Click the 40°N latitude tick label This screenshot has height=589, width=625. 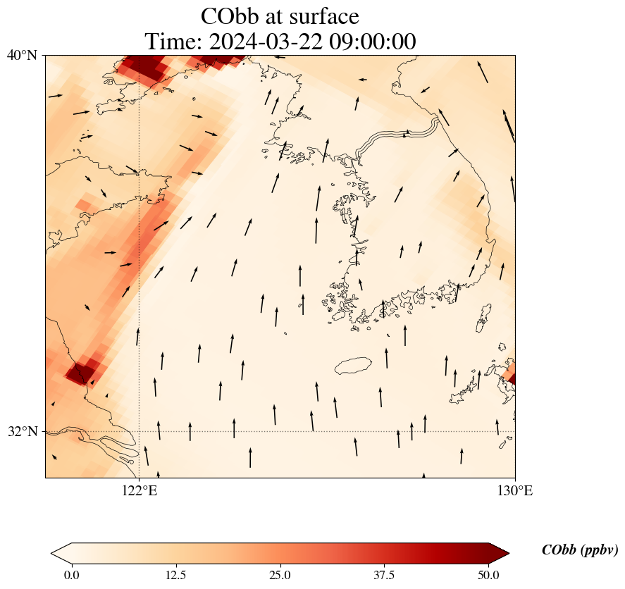click(x=22, y=55)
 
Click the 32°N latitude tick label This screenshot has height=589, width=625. click(x=22, y=431)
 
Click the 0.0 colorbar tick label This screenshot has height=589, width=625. click(x=71, y=575)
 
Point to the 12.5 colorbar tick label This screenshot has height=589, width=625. click(x=175, y=575)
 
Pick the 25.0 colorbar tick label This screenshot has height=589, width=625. click(x=280, y=575)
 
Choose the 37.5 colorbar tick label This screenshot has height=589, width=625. click(x=385, y=575)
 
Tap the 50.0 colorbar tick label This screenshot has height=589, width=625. click(x=488, y=575)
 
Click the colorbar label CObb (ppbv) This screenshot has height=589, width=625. click(x=579, y=550)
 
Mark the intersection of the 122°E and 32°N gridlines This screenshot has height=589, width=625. click(x=139, y=431)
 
